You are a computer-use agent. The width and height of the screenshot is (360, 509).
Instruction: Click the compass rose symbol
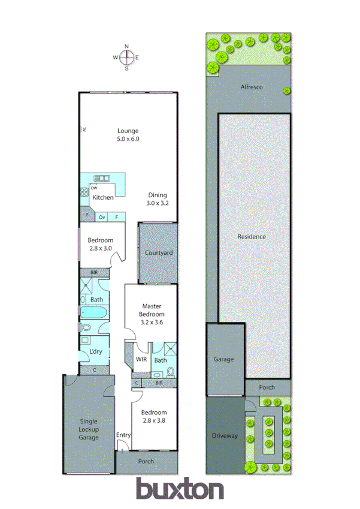(126, 58)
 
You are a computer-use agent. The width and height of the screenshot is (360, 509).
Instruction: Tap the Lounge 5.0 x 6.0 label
(128, 135)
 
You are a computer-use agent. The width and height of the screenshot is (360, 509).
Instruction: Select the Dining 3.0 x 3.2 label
(158, 198)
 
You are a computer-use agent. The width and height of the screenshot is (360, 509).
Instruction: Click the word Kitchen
(103, 197)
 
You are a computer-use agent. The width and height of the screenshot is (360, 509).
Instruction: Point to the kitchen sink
(99, 177)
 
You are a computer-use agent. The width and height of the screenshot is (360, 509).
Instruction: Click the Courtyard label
(159, 253)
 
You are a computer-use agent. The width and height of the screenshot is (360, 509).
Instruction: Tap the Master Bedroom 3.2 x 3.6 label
(152, 314)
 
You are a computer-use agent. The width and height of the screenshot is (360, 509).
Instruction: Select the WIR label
(141, 360)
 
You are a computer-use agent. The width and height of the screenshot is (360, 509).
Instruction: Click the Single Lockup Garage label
(89, 429)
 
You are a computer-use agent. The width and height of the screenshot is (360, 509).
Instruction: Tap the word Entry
(123, 435)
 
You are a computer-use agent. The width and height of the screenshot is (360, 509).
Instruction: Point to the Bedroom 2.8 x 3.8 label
(155, 416)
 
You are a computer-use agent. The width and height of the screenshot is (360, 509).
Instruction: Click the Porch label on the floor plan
(146, 461)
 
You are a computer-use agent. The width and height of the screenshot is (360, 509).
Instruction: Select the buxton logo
(180, 489)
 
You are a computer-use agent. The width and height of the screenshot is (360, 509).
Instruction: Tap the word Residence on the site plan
(252, 236)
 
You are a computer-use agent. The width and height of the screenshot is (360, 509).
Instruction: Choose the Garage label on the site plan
(224, 360)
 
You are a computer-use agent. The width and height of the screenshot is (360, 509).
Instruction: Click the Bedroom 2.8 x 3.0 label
(100, 244)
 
